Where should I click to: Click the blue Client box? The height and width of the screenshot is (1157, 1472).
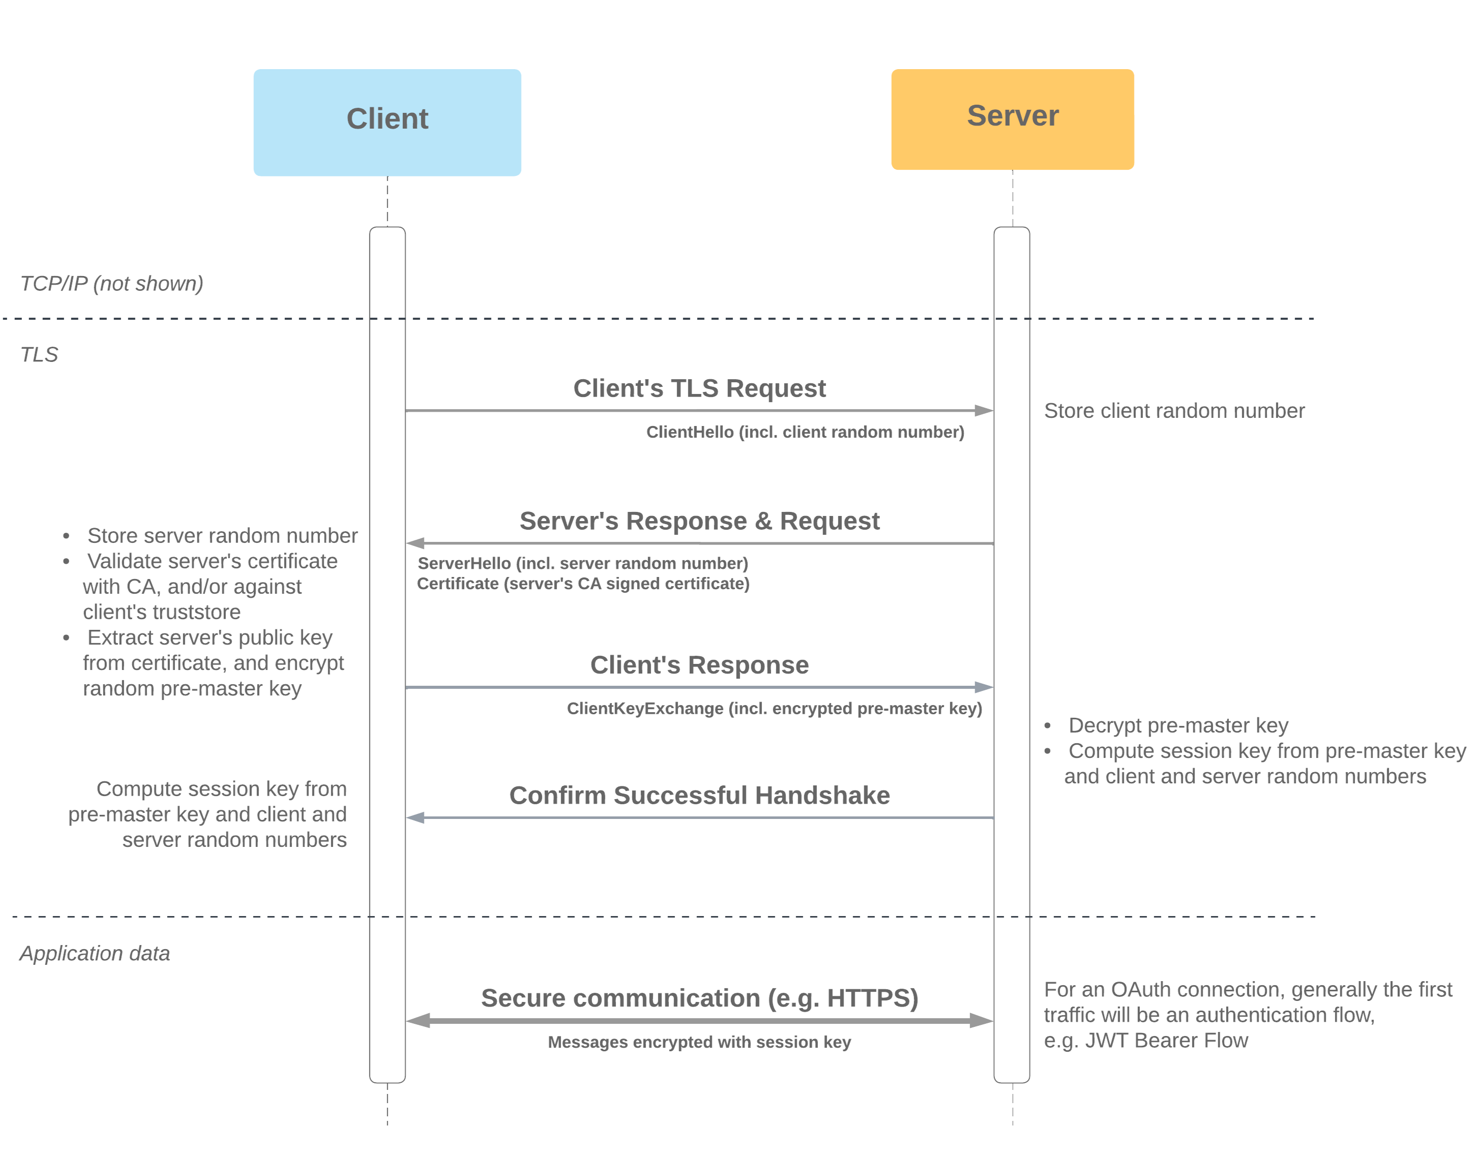[387, 122]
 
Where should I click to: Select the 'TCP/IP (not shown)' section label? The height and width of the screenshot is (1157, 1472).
[112, 283]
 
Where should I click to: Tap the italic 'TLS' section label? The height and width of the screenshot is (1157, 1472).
[39, 354]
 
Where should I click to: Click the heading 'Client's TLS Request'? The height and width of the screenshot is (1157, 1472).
[699, 388]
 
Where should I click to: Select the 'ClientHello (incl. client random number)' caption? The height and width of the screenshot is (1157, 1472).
[805, 432]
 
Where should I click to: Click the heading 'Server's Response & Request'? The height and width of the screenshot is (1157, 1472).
[699, 521]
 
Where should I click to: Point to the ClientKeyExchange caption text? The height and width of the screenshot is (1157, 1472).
[775, 709]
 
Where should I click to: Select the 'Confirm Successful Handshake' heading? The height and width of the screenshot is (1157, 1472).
[699, 795]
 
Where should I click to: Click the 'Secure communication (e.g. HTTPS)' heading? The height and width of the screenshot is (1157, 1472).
[699, 998]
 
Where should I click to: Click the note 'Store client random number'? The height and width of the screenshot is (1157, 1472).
[1174, 411]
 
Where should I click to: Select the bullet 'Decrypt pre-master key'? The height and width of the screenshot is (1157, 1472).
[1178, 725]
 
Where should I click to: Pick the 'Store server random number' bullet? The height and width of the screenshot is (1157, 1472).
[222, 536]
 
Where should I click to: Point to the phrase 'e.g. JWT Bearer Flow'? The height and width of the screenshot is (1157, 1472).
[1145, 1041]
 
